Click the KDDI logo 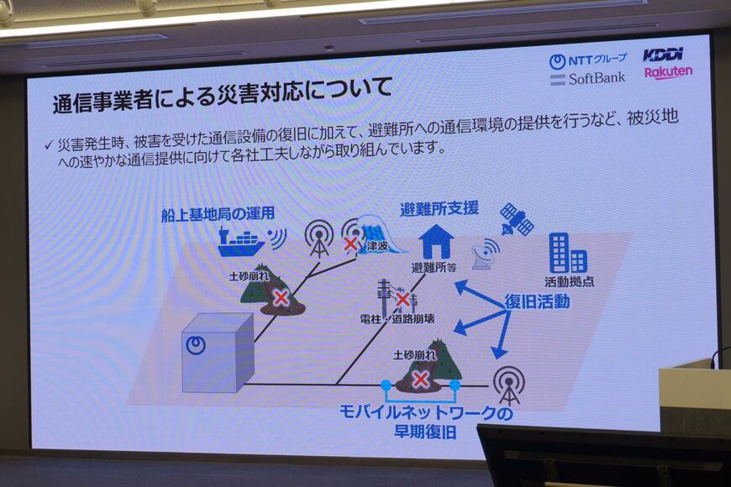point(663,55)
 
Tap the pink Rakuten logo point(668,73)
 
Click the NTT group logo point(588,60)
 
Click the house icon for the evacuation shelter point(436,242)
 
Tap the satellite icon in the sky point(517,219)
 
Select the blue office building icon point(568,254)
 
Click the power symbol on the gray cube point(196,345)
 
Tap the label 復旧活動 point(537,301)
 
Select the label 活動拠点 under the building point(569,281)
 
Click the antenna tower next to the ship point(318,238)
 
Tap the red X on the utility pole point(402,299)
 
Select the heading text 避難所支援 point(439,208)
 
